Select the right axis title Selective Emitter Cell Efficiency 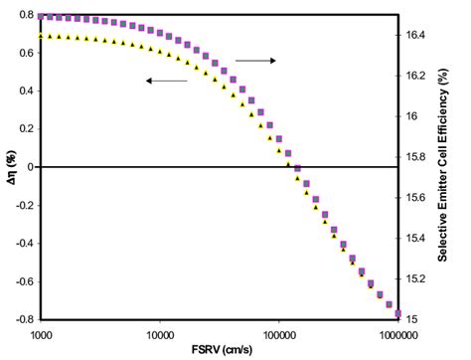point(458,167)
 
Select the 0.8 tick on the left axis point(27,16)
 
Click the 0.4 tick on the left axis point(27,91)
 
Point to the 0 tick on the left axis point(31,167)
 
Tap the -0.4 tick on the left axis point(25,243)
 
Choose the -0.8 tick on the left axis point(25,318)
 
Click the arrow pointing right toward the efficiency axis point(255,61)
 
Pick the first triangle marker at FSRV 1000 point(41,36)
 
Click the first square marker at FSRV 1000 point(41,16)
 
